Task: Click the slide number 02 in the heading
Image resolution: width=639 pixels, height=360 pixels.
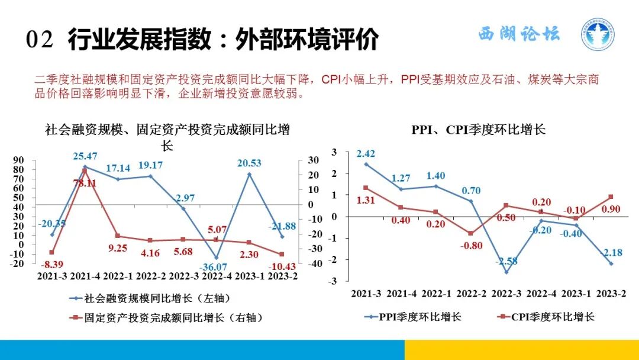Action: (x=40, y=40)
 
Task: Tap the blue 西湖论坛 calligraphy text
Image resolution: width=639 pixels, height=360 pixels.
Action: (x=518, y=34)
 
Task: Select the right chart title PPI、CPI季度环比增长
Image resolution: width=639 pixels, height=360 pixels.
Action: (x=478, y=130)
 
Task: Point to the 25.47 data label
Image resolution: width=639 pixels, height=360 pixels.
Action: (x=85, y=156)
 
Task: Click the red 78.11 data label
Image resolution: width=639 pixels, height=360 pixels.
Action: (x=83, y=183)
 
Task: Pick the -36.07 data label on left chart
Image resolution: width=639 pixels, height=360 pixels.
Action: (x=215, y=266)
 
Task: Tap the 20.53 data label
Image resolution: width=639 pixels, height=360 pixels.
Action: (x=249, y=163)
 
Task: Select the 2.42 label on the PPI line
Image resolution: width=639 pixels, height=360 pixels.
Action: (x=366, y=154)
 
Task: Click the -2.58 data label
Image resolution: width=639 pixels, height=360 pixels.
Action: (x=506, y=261)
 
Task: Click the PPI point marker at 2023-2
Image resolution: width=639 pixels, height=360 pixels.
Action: (x=611, y=263)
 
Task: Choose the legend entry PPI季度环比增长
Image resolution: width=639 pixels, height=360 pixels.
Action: (x=414, y=317)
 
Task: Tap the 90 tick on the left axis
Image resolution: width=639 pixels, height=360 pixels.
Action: (x=18, y=160)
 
